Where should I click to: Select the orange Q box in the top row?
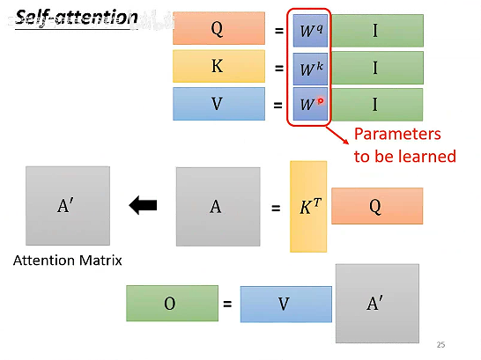click(218, 29)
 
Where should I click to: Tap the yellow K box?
click(218, 67)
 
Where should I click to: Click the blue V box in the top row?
click(218, 105)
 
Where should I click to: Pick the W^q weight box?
click(311, 30)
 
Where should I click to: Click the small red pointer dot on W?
click(321, 101)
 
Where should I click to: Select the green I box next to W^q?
click(377, 30)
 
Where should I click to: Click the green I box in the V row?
click(377, 105)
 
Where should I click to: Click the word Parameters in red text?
click(396, 135)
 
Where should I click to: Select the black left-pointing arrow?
click(143, 206)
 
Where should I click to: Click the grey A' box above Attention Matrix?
click(67, 206)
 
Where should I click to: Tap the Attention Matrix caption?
click(67, 260)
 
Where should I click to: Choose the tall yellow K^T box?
click(307, 207)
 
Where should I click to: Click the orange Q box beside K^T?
click(376, 206)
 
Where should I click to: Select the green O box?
click(172, 304)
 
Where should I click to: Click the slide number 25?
click(441, 344)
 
